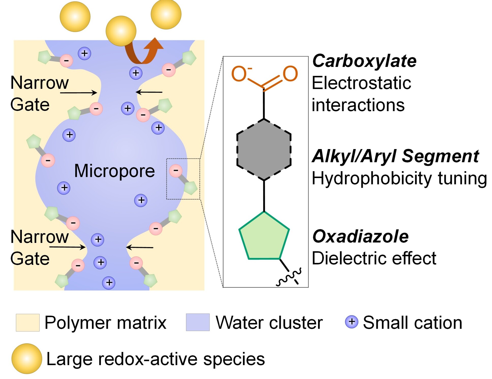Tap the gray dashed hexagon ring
pyautogui.click(x=264, y=150)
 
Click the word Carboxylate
pyautogui.click(x=364, y=61)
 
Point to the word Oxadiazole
pyautogui.click(x=360, y=237)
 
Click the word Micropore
pyautogui.click(x=114, y=171)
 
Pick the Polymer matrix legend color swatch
pyautogui.click(x=27, y=323)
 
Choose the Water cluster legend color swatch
pyautogui.click(x=198, y=323)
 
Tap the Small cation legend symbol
pyautogui.click(x=351, y=322)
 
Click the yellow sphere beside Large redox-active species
pyautogui.click(x=27, y=359)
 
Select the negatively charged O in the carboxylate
pyautogui.click(x=239, y=74)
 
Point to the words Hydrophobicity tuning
pyautogui.click(x=399, y=178)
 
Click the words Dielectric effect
pyautogui.click(x=374, y=258)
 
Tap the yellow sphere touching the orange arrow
pyautogui.click(x=121, y=31)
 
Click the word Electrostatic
pyautogui.click(x=361, y=83)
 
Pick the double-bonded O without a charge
pyautogui.click(x=290, y=74)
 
